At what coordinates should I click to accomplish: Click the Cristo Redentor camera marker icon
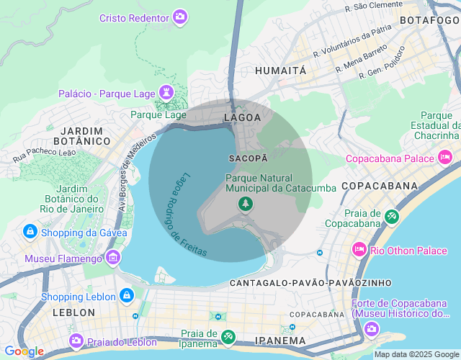[180, 17]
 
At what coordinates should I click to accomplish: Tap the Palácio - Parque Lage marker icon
[168, 94]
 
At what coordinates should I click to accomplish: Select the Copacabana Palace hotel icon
[445, 157]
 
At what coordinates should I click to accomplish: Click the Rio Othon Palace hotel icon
[358, 250]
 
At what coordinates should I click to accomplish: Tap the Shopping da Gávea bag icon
[30, 232]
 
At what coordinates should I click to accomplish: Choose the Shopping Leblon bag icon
[126, 296]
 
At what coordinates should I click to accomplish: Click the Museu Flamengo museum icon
[112, 258]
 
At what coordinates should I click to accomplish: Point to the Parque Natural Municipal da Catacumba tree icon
[246, 205]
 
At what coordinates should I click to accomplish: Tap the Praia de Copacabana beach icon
[391, 216]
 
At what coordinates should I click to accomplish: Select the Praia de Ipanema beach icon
[228, 336]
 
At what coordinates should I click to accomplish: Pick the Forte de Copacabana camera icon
[372, 329]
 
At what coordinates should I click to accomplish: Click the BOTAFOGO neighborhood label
[430, 20]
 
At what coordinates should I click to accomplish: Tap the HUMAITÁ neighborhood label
[281, 71]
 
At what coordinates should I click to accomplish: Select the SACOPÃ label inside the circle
[249, 157]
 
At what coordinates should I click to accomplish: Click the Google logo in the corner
[23, 351]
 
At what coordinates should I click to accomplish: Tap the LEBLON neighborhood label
[73, 312]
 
